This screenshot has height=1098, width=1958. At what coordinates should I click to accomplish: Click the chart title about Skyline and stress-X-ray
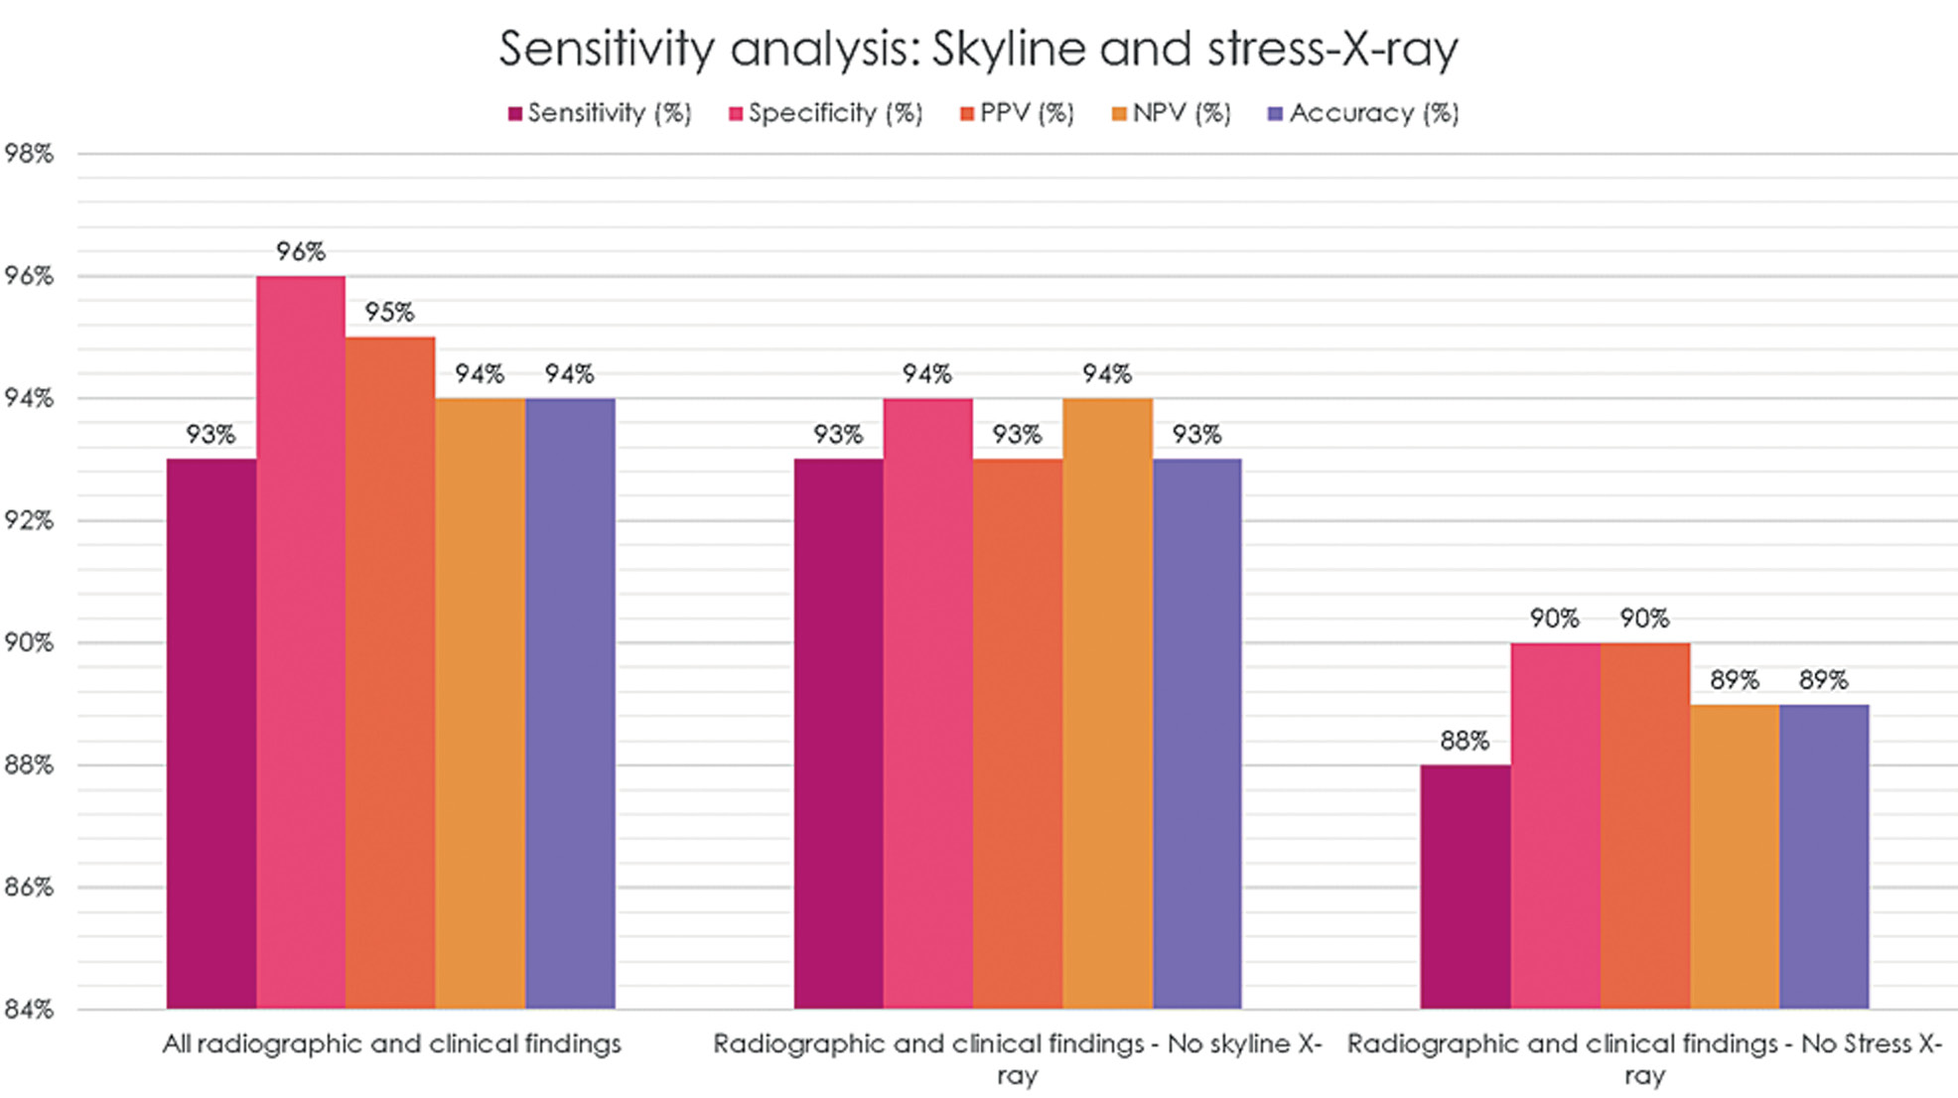(978, 48)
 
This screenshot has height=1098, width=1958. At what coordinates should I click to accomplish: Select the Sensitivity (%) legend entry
(600, 113)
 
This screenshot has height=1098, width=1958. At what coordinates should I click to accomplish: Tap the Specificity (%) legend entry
(826, 113)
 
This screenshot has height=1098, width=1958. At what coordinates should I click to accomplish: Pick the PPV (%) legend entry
(1018, 113)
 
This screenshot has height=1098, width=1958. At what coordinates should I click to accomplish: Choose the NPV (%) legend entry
(1172, 113)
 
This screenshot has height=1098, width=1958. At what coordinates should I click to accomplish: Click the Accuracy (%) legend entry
(1364, 113)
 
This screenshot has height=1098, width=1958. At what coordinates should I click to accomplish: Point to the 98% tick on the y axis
(29, 154)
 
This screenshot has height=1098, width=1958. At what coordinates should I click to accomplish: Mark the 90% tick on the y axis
(29, 643)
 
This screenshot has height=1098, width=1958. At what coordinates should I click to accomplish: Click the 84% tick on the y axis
(29, 1010)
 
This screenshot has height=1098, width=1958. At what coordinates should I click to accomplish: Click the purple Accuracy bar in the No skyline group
(1196, 735)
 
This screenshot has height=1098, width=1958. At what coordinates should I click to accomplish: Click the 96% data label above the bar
(301, 252)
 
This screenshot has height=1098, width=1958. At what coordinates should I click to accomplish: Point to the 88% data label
(1465, 741)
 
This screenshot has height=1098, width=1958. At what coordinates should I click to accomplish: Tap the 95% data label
(389, 313)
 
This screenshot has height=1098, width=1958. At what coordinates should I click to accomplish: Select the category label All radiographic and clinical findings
(391, 1044)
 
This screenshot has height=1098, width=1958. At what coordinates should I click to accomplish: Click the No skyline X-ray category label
(1017, 1058)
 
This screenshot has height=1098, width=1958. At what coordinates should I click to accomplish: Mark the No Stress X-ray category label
(1644, 1058)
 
